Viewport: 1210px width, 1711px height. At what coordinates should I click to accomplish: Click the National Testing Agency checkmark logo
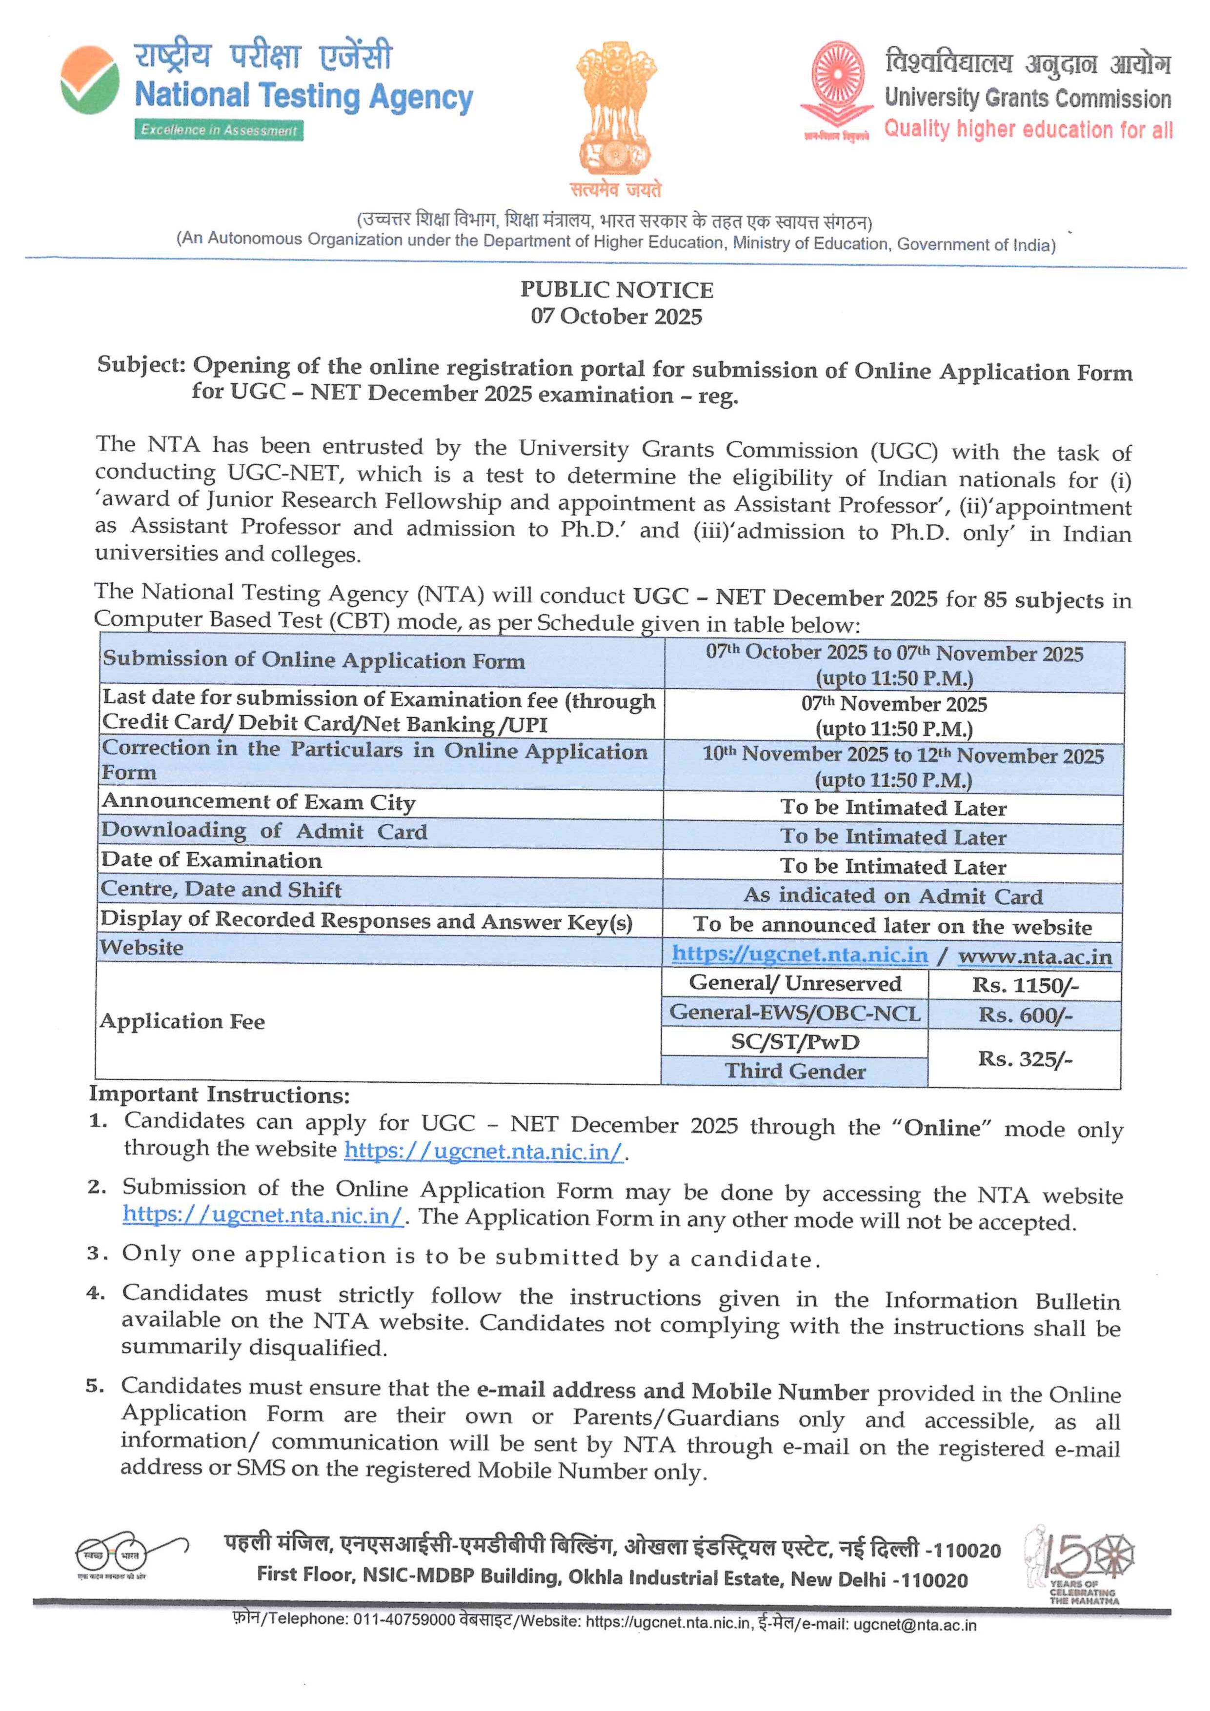(x=89, y=80)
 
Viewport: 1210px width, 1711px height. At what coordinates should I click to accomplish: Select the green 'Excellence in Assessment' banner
(x=219, y=130)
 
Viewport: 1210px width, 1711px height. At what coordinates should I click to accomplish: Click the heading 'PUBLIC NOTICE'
(x=616, y=290)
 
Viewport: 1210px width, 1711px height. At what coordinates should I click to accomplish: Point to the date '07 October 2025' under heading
(x=616, y=316)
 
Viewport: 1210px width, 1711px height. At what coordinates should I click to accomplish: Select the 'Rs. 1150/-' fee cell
(x=1025, y=985)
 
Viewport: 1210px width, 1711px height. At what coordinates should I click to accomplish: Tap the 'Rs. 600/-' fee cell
(x=1025, y=1015)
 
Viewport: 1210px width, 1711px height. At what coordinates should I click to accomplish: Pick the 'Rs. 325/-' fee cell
(x=1025, y=1059)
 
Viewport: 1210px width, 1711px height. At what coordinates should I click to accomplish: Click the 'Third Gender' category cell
(x=795, y=1071)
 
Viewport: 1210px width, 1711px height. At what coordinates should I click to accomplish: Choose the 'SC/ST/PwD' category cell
(x=795, y=1042)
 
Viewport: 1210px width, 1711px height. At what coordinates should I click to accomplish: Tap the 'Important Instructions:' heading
(x=219, y=1094)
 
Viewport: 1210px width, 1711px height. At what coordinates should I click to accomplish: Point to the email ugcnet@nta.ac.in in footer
(x=914, y=1625)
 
